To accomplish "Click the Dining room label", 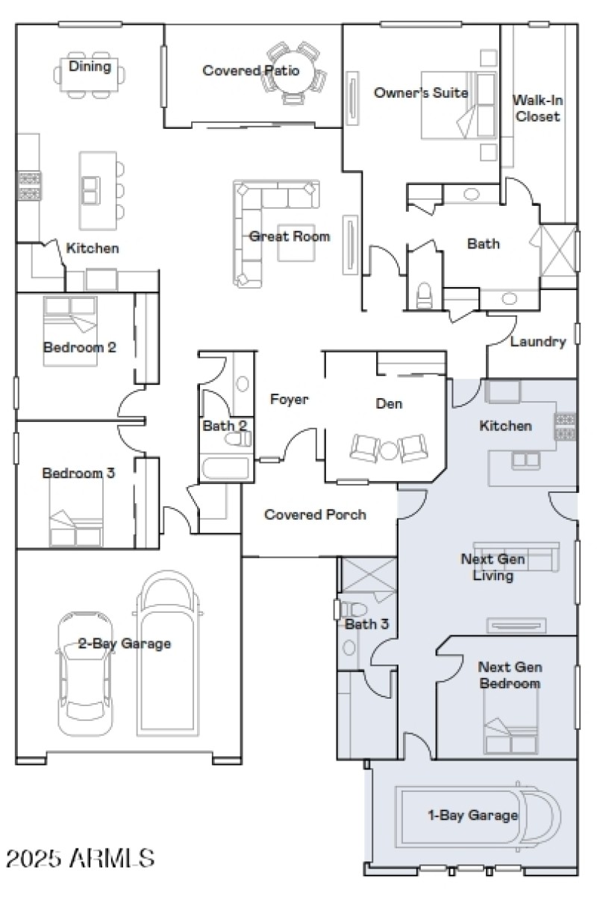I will [90, 67].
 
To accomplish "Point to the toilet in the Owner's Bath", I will [425, 295].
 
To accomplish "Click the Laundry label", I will [538, 342].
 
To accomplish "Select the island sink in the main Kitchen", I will [90, 190].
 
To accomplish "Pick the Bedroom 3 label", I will [78, 473].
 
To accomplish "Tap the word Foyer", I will [289, 400].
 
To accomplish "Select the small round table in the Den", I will [388, 450].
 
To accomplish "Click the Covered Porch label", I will [315, 514].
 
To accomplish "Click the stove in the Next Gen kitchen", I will [563, 427].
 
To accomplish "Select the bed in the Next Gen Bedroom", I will [511, 727].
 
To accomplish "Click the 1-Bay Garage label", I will [472, 815].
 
